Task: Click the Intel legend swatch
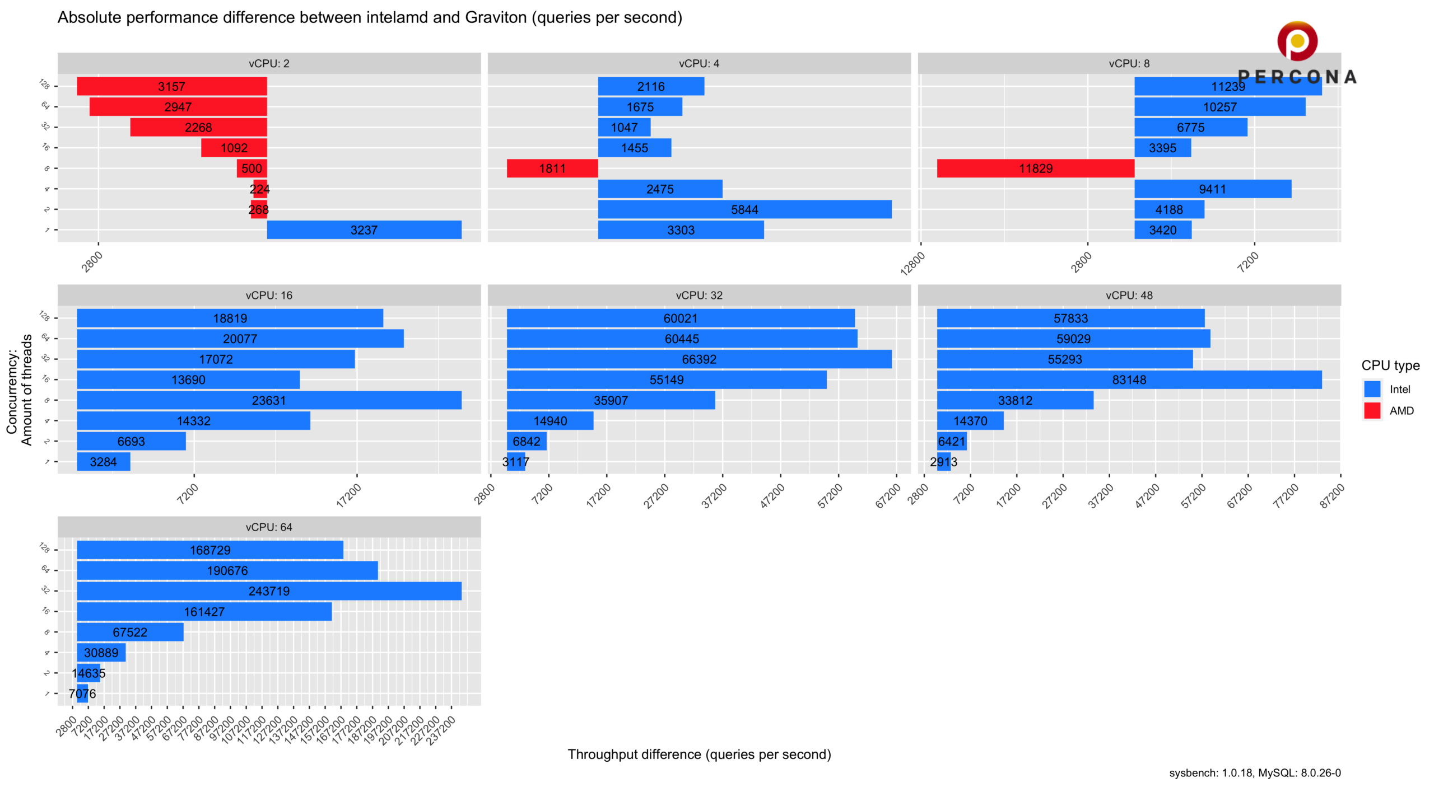click(x=1372, y=389)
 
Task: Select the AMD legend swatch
click(x=1372, y=410)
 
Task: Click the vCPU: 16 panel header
click(x=269, y=295)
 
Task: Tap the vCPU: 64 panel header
click(x=269, y=527)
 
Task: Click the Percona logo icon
click(x=1297, y=41)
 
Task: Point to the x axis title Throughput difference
click(x=699, y=754)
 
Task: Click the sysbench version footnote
click(x=1255, y=773)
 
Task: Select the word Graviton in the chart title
click(x=496, y=18)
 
